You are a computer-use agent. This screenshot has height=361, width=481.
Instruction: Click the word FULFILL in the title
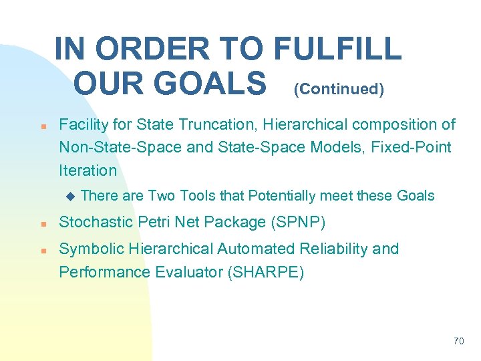(x=338, y=49)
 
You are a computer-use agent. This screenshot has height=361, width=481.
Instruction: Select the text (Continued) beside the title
(x=339, y=90)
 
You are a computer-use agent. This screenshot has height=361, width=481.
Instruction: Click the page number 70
(x=458, y=341)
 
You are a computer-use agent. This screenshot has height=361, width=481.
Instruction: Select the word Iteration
(x=88, y=170)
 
